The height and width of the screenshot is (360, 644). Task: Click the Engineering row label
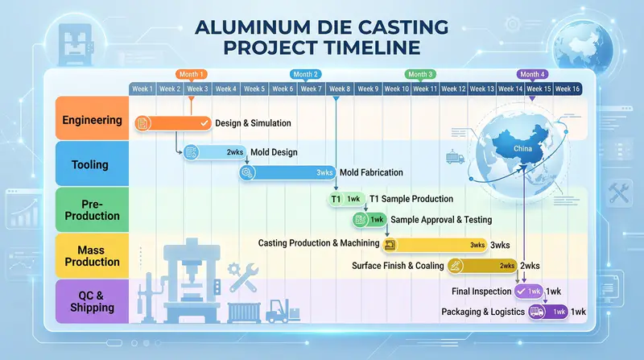pos(93,121)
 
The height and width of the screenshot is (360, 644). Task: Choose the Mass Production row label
pos(93,256)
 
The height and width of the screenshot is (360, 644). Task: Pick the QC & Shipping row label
pos(93,301)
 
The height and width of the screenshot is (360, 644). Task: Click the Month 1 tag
pos(191,74)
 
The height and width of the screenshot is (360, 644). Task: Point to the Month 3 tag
pos(420,74)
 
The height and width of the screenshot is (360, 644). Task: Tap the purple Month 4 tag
pos(532,74)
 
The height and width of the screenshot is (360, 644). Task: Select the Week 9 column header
pos(368,89)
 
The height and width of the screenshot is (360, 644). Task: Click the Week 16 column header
pos(566,89)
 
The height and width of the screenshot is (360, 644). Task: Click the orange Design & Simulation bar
pos(172,122)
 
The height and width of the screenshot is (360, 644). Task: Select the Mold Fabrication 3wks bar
pos(287,172)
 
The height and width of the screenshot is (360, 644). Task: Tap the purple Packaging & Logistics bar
pos(549,312)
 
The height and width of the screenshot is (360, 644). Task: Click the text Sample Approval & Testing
pos(440,220)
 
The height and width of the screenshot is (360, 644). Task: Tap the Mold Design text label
pos(274,152)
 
